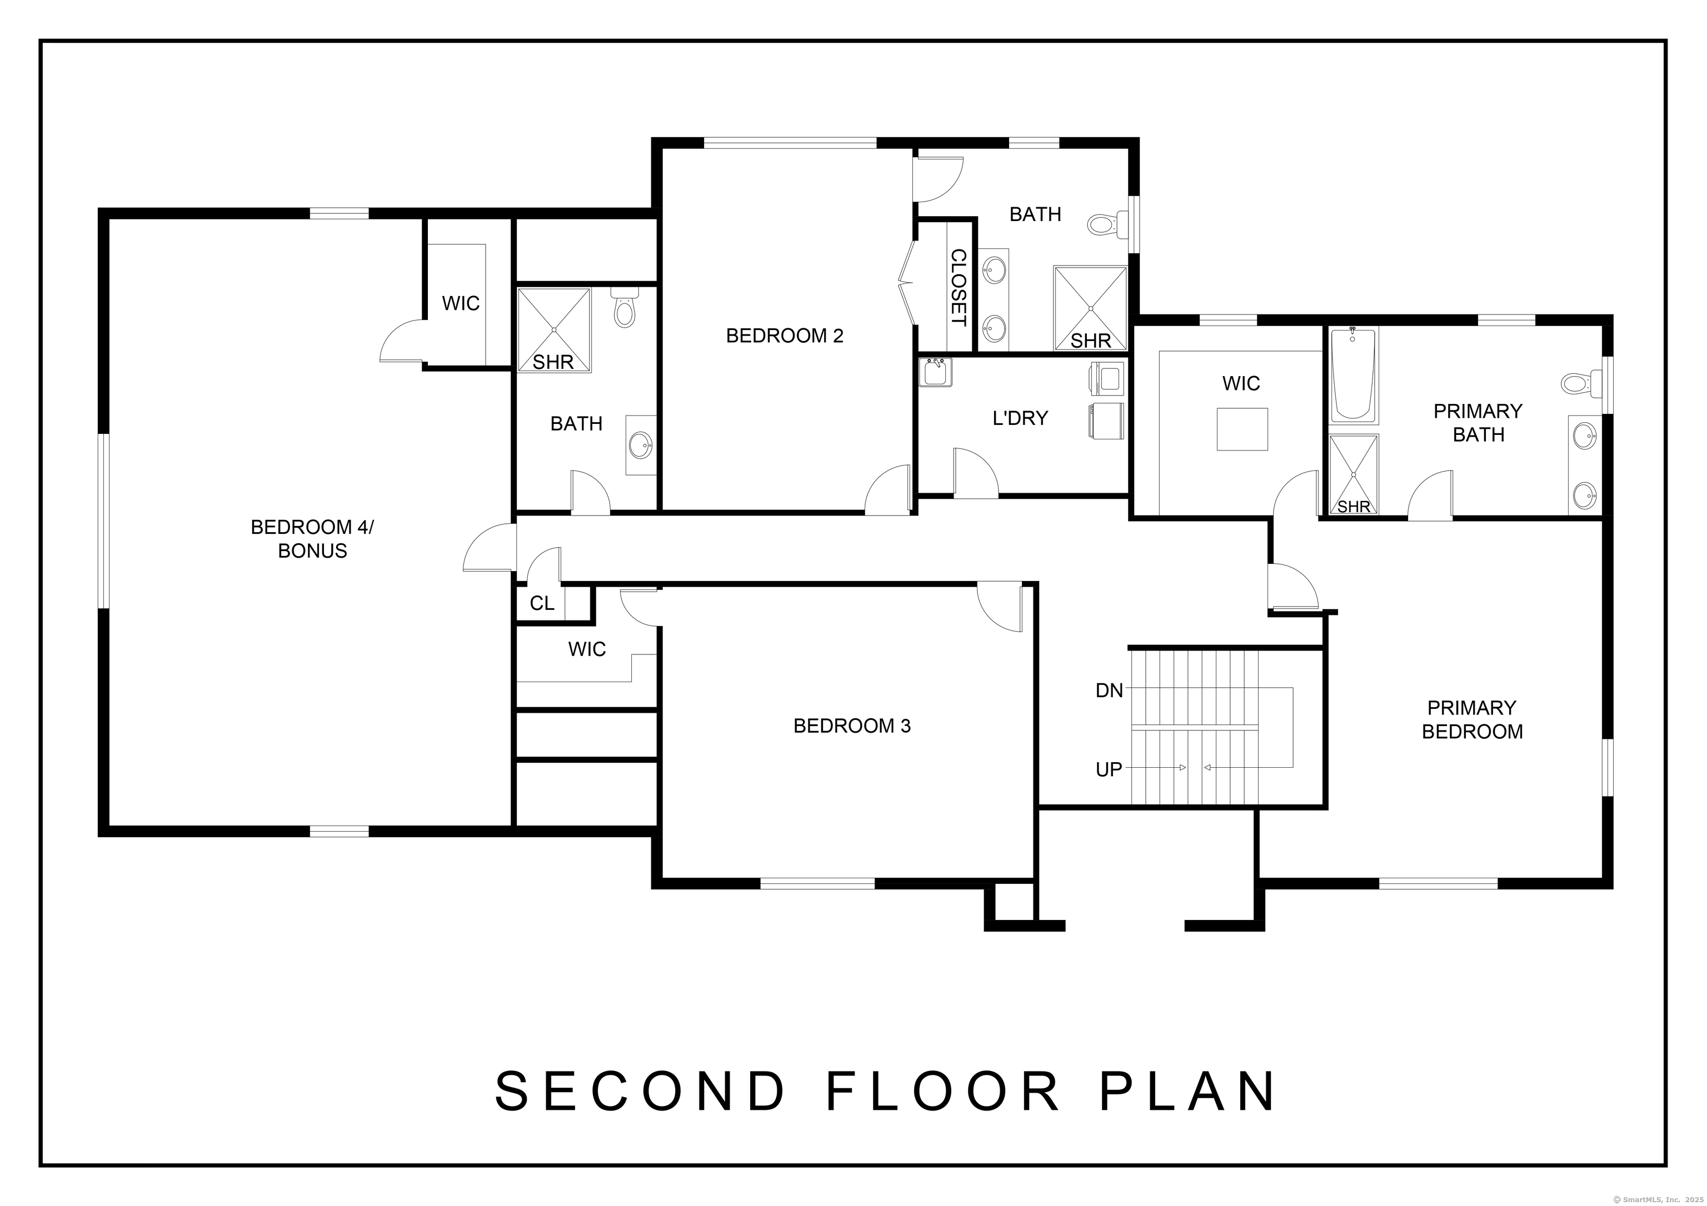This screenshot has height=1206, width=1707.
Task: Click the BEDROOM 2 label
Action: point(785,336)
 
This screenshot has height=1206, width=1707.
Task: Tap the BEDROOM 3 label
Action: point(852,726)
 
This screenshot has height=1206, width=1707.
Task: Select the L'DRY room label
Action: point(1020,418)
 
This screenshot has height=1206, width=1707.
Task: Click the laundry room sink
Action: point(935,372)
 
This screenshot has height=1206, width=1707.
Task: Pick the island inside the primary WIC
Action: point(1241,429)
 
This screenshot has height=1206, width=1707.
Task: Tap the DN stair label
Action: point(1109,691)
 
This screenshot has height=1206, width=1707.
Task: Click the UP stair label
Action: point(1109,770)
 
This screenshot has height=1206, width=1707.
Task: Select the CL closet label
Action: point(542,603)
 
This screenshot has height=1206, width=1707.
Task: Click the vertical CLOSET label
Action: point(959,288)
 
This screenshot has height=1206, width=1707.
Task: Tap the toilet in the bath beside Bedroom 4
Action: point(625,311)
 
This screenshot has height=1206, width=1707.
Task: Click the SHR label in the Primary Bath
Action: point(1353,507)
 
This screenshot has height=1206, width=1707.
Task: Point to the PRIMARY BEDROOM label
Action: point(1471,720)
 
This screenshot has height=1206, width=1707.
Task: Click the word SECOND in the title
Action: point(640,1092)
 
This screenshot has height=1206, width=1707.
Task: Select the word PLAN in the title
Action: point(1188,1092)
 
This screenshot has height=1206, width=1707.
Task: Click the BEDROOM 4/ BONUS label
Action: point(312,539)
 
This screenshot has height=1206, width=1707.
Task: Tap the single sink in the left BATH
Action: point(640,446)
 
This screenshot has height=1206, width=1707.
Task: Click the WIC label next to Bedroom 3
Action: point(587,649)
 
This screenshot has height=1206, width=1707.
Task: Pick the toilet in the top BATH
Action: point(1106,223)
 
